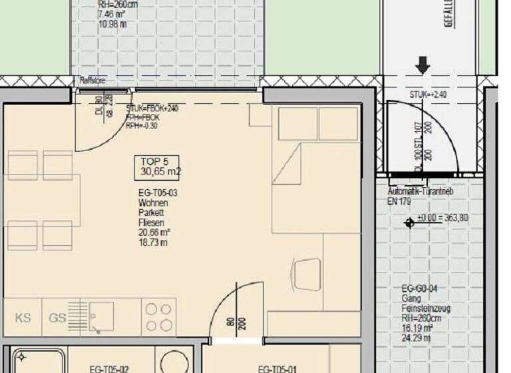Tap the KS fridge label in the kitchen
coord(23,318)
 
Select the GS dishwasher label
coord(57,318)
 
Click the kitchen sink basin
coord(101,316)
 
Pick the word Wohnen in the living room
coord(152,203)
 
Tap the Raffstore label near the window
coord(92,81)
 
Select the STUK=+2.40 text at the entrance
coord(428,95)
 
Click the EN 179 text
coord(401,201)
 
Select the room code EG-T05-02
coord(109,368)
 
